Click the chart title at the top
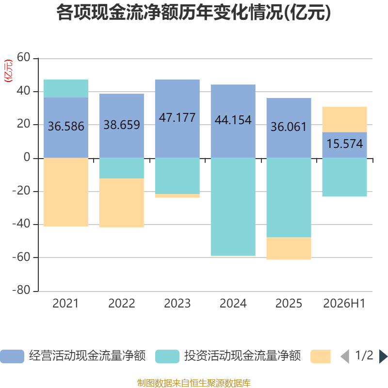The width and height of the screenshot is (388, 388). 194,13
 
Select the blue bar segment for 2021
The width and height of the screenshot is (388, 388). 66,128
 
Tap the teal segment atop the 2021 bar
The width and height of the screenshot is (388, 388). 66,89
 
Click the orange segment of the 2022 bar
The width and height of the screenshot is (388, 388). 122,203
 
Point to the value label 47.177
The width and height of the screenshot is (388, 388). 177,117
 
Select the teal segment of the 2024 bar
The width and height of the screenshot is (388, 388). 233,207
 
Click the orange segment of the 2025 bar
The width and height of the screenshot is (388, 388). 289,248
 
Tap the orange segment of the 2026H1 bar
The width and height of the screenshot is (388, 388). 344,119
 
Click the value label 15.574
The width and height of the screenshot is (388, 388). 345,144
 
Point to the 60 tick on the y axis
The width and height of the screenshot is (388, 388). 23,57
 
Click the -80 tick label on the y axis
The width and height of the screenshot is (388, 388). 21,290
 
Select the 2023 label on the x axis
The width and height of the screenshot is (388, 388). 178,304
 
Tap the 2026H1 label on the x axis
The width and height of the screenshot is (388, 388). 344,304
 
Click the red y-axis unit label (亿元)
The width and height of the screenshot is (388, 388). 8,71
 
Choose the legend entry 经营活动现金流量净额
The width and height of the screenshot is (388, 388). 73,356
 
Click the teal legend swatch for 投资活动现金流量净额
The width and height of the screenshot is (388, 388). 167,356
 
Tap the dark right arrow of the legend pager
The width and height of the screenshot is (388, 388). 383,356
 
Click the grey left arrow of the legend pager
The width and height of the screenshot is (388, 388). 345,356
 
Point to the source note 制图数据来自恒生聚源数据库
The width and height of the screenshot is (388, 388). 194,383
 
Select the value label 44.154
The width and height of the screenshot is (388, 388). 233,120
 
